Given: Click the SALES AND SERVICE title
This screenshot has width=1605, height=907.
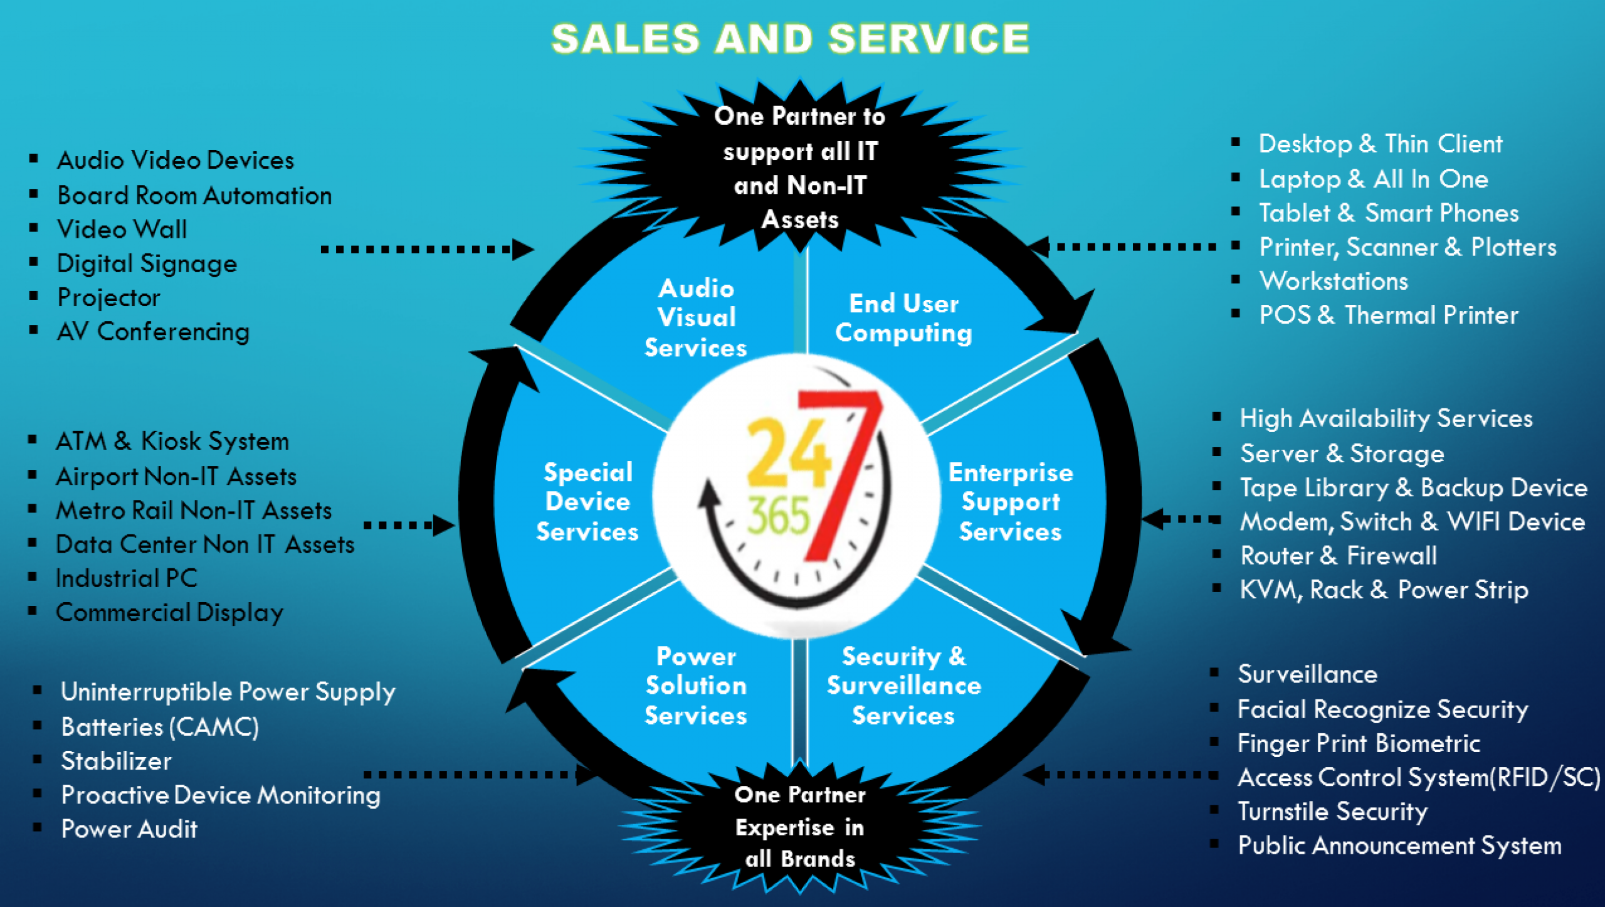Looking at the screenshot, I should pyautogui.click(x=790, y=39).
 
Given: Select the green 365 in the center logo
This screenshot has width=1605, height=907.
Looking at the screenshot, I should pyautogui.click(x=779, y=516).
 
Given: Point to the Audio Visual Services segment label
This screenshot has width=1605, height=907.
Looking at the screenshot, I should pyautogui.click(x=696, y=318).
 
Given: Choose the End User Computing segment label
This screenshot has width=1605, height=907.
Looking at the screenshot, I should pyautogui.click(x=903, y=318).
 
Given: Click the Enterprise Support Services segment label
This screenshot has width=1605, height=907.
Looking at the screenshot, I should pyautogui.click(x=1011, y=502).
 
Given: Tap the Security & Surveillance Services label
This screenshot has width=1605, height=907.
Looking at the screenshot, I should pyautogui.click(x=903, y=686).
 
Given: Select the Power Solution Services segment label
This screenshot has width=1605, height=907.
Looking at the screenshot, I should pyautogui.click(x=696, y=686).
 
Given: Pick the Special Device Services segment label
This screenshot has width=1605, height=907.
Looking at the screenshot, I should pyautogui.click(x=587, y=502).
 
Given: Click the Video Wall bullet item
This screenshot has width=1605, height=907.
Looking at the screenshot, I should pyautogui.click(x=122, y=230).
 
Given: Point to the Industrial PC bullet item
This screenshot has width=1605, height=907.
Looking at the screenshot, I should pyautogui.click(x=127, y=578).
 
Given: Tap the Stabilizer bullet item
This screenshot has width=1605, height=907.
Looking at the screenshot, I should pyautogui.click(x=117, y=761).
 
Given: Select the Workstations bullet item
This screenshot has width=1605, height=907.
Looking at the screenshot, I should pyautogui.click(x=1334, y=281).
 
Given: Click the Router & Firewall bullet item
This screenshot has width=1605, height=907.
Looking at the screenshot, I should pyautogui.click(x=1339, y=556).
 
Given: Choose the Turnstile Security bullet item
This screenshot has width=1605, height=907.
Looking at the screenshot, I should pyautogui.click(x=1332, y=812).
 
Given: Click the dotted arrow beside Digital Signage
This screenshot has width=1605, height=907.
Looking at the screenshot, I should pyautogui.click(x=426, y=250).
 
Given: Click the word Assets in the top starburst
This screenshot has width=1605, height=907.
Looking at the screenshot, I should pyautogui.click(x=800, y=220).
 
